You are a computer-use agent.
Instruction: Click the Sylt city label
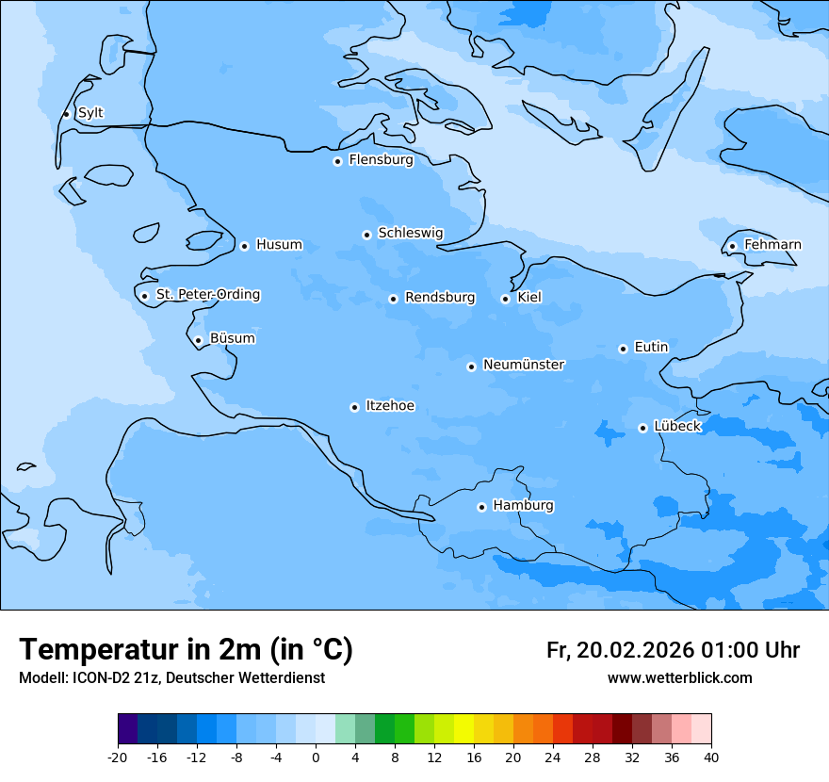(90, 113)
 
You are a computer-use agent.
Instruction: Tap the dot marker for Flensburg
(337, 161)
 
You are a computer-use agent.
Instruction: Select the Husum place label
(279, 245)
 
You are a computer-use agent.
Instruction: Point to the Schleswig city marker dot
(366, 235)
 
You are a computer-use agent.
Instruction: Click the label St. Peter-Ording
(207, 295)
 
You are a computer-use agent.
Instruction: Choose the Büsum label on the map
(232, 338)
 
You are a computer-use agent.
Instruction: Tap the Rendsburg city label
(440, 298)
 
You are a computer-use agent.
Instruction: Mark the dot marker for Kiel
(506, 299)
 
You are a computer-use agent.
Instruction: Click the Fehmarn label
(772, 245)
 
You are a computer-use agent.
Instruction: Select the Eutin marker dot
(623, 349)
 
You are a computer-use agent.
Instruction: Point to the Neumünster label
(524, 365)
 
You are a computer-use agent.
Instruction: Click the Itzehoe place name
(390, 406)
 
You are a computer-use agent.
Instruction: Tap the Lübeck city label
(677, 426)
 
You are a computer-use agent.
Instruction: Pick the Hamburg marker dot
(481, 507)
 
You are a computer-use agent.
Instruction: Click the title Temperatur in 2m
(186, 649)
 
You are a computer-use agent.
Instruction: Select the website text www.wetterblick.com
(679, 678)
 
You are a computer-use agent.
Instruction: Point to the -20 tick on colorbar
(118, 758)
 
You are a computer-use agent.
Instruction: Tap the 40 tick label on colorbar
(711, 758)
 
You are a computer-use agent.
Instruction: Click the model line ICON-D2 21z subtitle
(171, 678)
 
